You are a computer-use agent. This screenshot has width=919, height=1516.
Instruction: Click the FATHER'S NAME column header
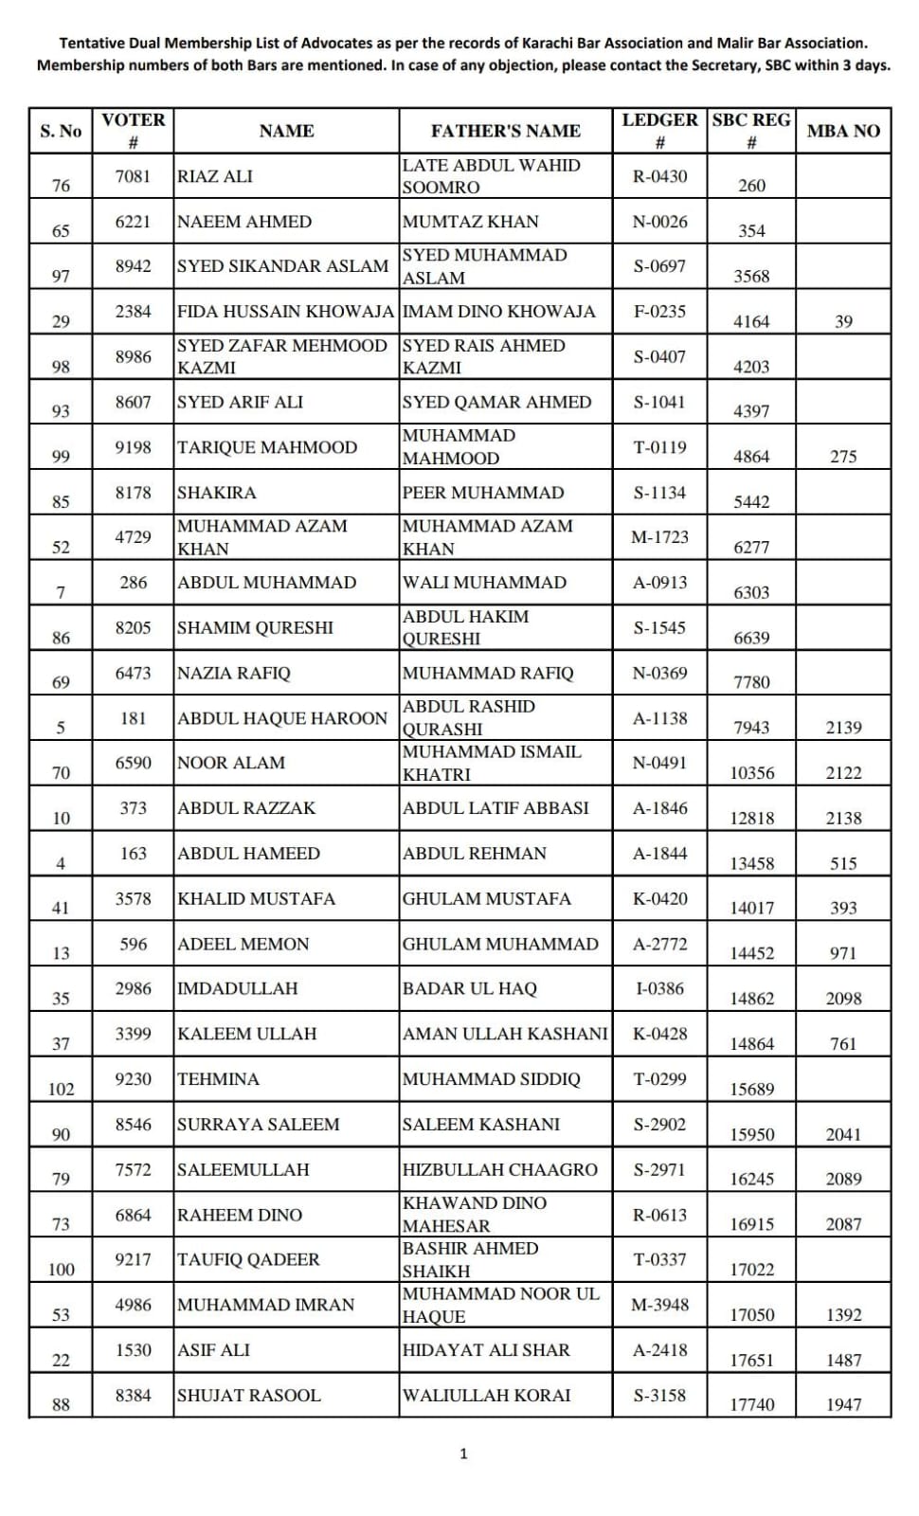tap(505, 131)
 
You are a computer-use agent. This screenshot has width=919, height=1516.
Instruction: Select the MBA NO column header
tap(842, 131)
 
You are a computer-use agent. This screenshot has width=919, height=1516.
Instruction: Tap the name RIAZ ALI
tap(215, 176)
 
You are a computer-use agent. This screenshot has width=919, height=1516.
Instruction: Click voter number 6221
tap(133, 222)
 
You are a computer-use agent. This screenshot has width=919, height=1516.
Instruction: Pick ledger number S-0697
tap(659, 266)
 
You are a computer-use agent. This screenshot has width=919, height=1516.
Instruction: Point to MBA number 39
tap(843, 321)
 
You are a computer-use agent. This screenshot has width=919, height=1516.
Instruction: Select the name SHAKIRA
tap(217, 493)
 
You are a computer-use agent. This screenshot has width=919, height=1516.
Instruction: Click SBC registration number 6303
tap(751, 592)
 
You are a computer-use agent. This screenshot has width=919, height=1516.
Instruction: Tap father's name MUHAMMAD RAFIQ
tap(488, 673)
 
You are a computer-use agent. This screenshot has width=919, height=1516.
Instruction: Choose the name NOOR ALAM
tap(231, 763)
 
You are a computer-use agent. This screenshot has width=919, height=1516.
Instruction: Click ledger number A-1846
tap(659, 808)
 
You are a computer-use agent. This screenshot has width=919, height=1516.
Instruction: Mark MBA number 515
tap(843, 863)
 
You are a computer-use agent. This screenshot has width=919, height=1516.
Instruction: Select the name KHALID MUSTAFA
tap(256, 898)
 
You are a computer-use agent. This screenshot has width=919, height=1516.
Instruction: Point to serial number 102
tap(61, 1089)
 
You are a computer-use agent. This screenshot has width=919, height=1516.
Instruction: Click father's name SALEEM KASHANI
tap(481, 1125)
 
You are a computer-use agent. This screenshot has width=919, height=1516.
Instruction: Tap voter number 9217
tap(133, 1259)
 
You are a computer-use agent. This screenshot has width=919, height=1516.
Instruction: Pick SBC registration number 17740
tap(751, 1404)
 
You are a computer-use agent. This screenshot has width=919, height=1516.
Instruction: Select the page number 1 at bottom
tap(463, 1453)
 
